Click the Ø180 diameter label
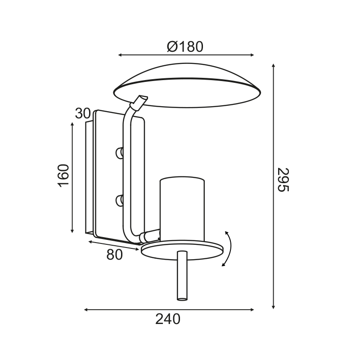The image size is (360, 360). (x=185, y=47)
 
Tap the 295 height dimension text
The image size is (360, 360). (x=283, y=180)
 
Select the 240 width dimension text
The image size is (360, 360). (x=168, y=319)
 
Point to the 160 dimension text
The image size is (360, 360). (x=63, y=175)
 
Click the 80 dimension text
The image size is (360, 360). (x=115, y=254)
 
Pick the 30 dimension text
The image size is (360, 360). (x=83, y=113)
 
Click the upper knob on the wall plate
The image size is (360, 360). (x=119, y=153)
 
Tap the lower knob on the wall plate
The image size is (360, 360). (x=119, y=200)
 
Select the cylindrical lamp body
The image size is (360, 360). (x=182, y=209)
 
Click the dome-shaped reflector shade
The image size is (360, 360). (x=187, y=85)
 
